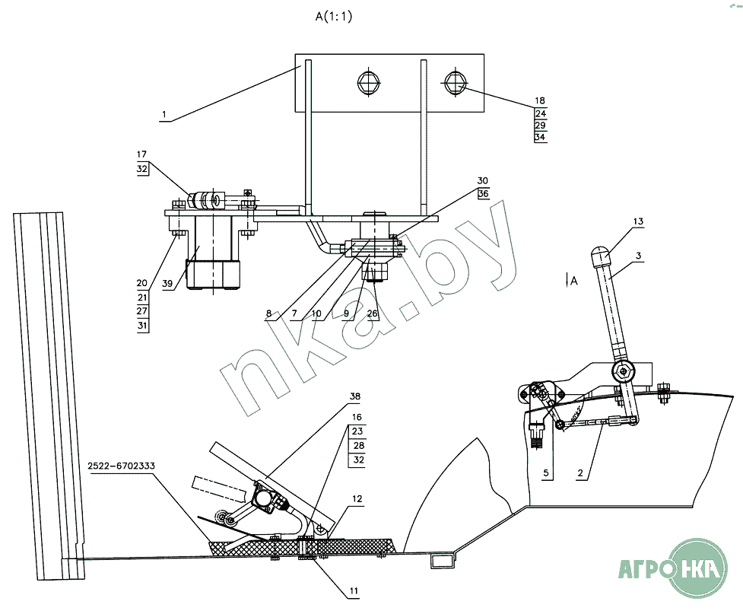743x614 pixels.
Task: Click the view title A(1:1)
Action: coord(334,17)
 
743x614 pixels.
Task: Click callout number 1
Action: coord(164,114)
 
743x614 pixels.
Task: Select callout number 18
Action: coord(540,100)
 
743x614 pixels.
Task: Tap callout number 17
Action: coord(141,154)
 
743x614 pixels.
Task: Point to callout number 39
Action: coord(167,284)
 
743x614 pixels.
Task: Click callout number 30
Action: coord(482,180)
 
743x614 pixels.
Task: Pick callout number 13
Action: coord(638,221)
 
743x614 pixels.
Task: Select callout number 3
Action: coord(638,256)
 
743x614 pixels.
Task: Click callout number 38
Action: coord(355,396)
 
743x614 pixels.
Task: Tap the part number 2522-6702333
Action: coord(122,466)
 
